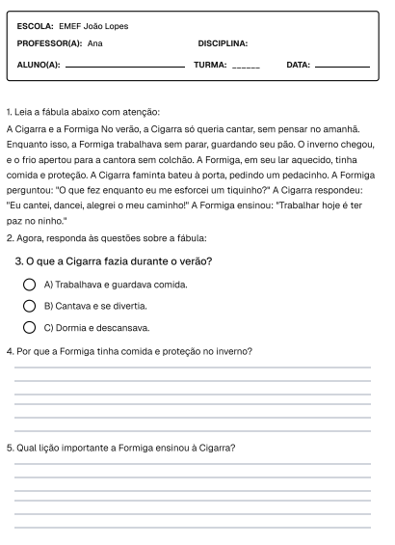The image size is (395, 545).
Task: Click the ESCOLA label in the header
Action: click(x=36, y=26)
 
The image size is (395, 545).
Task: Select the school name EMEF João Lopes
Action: click(x=93, y=26)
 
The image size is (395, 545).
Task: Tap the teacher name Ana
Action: click(x=94, y=43)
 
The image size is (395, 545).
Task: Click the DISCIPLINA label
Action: click(x=223, y=43)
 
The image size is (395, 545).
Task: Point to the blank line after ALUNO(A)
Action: click(x=123, y=67)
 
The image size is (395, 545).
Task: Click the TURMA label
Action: click(x=210, y=65)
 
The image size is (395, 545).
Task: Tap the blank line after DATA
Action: click(x=342, y=67)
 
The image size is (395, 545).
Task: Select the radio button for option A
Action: click(x=30, y=285)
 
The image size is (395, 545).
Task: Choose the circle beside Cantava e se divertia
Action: click(x=30, y=306)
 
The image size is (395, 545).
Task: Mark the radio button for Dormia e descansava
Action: click(x=30, y=327)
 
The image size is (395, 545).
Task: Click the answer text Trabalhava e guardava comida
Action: click(x=116, y=285)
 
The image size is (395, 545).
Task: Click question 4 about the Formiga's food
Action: click(x=129, y=351)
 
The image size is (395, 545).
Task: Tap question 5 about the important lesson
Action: click(x=120, y=448)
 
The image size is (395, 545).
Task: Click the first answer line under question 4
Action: click(x=192, y=368)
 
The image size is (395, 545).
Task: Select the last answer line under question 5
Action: click(x=192, y=527)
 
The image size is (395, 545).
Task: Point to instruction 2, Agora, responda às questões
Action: click(x=106, y=238)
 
